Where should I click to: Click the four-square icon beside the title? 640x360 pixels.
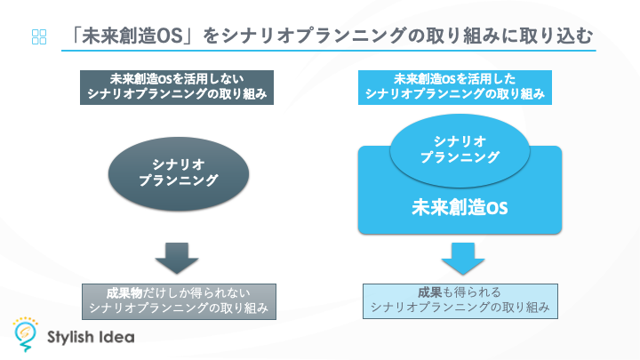[39, 36]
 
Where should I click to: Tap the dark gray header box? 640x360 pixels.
[177, 87]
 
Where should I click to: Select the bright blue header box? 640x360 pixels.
[455, 87]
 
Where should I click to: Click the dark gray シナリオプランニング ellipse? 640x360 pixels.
[179, 174]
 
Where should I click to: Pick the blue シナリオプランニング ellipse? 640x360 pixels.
[460, 150]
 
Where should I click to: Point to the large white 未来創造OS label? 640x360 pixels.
[460, 207]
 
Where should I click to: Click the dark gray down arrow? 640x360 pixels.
[177, 259]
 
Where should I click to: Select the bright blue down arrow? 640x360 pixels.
[463, 259]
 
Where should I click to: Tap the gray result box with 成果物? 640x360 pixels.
[179, 301]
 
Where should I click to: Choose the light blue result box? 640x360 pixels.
[460, 301]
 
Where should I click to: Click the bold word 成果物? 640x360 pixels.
[124, 293]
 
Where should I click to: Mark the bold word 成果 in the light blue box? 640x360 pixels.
[430, 292]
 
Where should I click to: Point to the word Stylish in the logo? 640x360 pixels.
[70, 338]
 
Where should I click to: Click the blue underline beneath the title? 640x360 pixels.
[329, 51]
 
